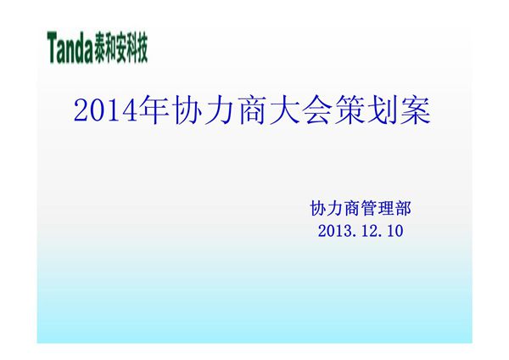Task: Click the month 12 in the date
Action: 367,230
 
